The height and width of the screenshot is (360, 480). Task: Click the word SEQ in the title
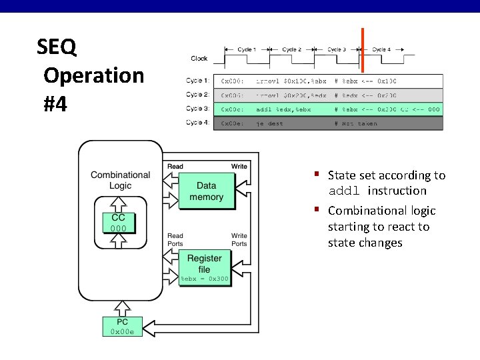click(57, 47)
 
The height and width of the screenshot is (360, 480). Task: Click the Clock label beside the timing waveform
click(199, 59)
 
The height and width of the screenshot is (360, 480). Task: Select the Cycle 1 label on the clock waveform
click(246, 49)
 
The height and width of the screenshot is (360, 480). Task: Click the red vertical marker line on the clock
click(363, 50)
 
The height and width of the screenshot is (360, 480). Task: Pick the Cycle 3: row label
click(197, 109)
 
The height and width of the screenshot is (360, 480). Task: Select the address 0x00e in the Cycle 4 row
click(232, 123)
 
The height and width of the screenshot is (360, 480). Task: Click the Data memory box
click(206, 191)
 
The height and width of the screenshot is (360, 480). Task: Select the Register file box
click(204, 264)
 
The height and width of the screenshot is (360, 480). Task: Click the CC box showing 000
click(118, 223)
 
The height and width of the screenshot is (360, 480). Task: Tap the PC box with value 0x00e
click(121, 327)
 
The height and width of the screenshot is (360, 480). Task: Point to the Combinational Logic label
click(120, 180)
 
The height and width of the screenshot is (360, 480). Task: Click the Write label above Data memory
click(239, 166)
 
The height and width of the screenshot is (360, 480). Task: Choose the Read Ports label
click(175, 239)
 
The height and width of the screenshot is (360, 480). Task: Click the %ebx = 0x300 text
click(205, 279)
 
